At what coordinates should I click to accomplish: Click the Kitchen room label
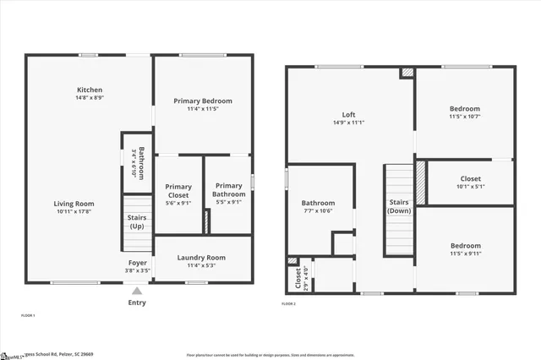pyautogui.click(x=90, y=90)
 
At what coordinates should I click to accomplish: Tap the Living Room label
pyautogui.click(x=74, y=204)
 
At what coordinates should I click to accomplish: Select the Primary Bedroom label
pyautogui.click(x=203, y=101)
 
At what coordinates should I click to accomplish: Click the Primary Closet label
pyautogui.click(x=178, y=192)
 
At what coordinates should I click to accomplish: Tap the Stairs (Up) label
pyautogui.click(x=136, y=222)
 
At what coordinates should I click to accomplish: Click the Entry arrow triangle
pyautogui.click(x=136, y=290)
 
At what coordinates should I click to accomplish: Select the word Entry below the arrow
pyautogui.click(x=136, y=303)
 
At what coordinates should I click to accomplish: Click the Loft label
pyautogui.click(x=348, y=115)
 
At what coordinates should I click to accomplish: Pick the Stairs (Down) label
pyautogui.click(x=398, y=207)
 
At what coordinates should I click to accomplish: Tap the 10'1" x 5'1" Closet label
pyautogui.click(x=471, y=179)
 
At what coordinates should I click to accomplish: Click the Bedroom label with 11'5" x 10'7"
pyautogui.click(x=465, y=109)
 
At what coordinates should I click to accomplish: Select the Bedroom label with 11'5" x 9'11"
pyautogui.click(x=465, y=246)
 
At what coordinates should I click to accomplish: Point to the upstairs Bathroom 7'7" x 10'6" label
pyautogui.click(x=318, y=203)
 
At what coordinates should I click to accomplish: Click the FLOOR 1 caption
pyautogui.click(x=28, y=315)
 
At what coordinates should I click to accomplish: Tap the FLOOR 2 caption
pyautogui.click(x=289, y=303)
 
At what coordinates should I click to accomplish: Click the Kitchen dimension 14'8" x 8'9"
pyautogui.click(x=90, y=98)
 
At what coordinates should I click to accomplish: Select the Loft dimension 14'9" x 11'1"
pyautogui.click(x=348, y=123)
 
